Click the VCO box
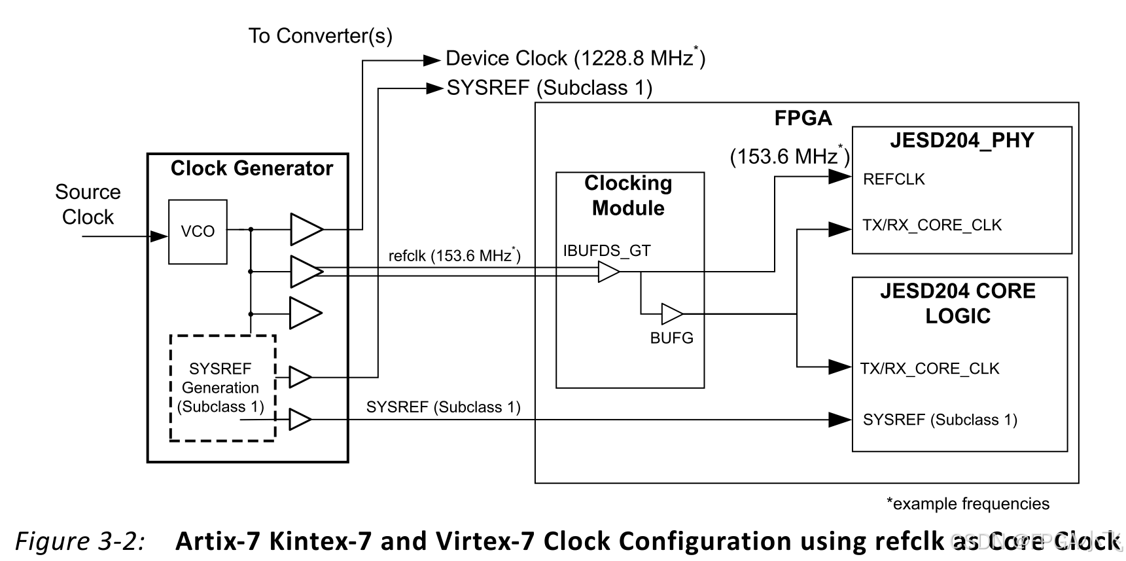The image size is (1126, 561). click(198, 232)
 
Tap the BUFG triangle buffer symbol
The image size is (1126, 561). click(671, 314)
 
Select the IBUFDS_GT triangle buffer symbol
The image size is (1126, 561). click(608, 272)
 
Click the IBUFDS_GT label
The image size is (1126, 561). click(607, 251)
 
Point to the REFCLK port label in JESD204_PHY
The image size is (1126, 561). click(893, 179)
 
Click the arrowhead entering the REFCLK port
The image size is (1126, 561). click(839, 177)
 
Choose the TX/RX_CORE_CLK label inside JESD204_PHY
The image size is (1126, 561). click(932, 225)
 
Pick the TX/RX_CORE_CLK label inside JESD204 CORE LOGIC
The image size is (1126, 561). click(929, 369)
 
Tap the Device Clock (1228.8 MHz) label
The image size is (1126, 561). click(575, 59)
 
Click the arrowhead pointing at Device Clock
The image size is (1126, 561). click(432, 60)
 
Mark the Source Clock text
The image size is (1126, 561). click(88, 204)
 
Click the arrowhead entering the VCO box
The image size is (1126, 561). click(159, 236)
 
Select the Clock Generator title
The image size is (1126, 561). click(251, 168)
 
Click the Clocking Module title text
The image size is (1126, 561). click(628, 195)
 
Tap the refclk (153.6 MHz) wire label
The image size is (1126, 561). click(454, 255)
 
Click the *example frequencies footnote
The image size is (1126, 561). click(967, 503)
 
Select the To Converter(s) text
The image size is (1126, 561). click(320, 35)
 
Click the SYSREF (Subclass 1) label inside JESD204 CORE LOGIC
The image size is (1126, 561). click(940, 420)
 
